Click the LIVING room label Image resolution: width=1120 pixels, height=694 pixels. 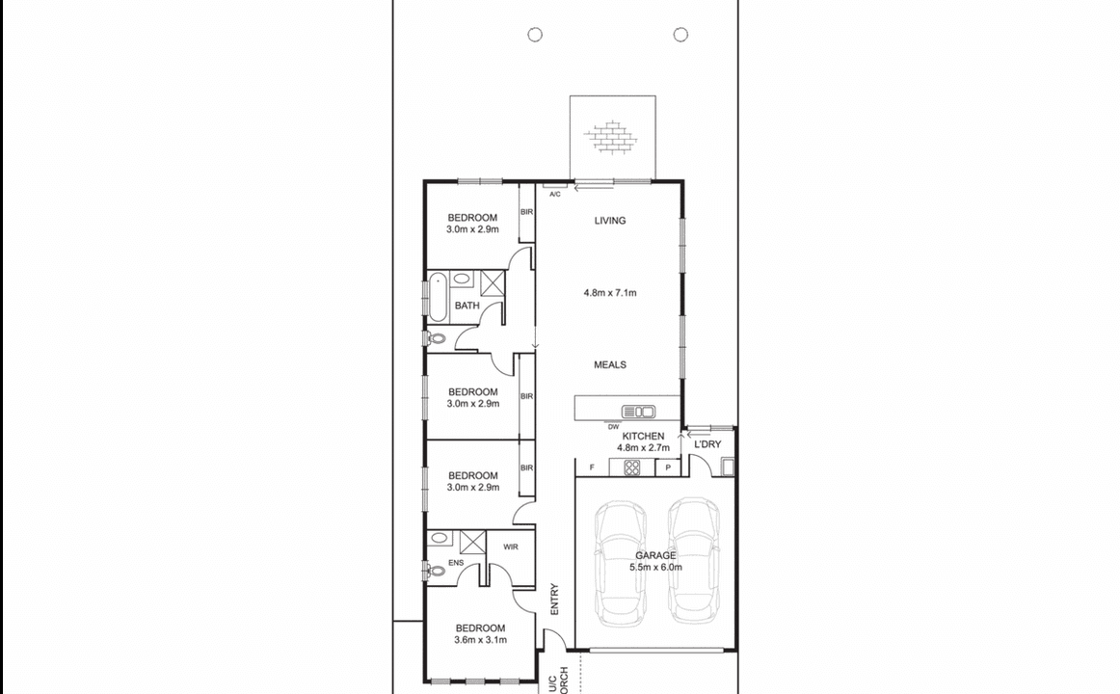click(609, 221)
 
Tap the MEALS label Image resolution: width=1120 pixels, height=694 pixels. click(609, 364)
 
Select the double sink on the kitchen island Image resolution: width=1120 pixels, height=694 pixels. click(638, 412)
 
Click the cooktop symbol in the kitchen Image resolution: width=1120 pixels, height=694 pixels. click(632, 467)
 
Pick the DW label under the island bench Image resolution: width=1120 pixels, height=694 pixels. click(613, 426)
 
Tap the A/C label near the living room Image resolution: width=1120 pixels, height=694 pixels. click(554, 195)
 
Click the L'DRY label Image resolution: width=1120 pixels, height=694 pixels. click(707, 444)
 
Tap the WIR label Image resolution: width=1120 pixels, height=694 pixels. click(511, 547)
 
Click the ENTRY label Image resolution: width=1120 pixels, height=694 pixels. click(554, 600)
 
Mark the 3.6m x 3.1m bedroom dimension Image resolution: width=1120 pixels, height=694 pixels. click(480, 639)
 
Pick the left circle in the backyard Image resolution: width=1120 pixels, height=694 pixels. click(535, 35)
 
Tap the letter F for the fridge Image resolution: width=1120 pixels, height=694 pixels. click(591, 467)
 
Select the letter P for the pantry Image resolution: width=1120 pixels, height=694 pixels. click(668, 467)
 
